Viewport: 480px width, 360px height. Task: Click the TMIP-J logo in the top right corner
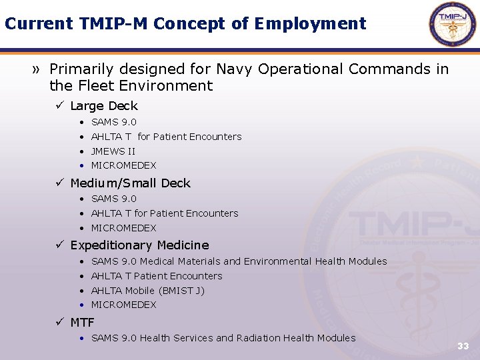453,24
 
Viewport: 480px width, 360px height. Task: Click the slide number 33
463,346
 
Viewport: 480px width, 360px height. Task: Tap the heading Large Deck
103,106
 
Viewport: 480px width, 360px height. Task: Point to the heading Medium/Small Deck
130,183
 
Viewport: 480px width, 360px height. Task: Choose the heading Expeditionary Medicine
139,245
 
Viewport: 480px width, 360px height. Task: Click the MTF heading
82,323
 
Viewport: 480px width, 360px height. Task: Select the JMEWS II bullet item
113,151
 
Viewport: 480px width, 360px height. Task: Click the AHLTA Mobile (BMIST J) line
147,291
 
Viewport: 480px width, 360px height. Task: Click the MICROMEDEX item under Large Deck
123,165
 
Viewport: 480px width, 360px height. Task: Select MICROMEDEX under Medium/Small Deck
123,228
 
